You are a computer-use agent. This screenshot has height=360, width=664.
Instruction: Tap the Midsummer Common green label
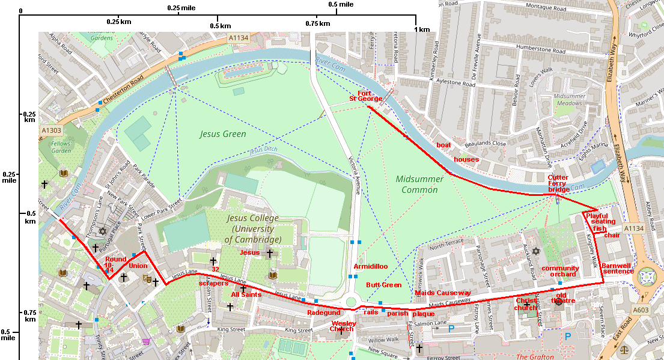tap(419, 185)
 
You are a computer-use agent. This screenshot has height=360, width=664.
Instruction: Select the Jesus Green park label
tap(223, 134)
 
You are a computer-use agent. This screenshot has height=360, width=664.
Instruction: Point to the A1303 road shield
tap(51, 130)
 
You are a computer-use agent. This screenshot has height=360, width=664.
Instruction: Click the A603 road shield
tap(641, 311)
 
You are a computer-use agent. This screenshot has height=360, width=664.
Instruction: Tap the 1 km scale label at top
tap(422, 29)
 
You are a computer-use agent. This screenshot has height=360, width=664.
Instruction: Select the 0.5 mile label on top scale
tap(341, 4)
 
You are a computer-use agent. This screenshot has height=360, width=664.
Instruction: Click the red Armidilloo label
tap(370, 266)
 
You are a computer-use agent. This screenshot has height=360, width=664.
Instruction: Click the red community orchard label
tap(560, 271)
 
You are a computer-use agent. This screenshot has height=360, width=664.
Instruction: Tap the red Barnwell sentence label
tap(617, 268)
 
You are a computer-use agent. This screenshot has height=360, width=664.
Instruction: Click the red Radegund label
tap(324, 313)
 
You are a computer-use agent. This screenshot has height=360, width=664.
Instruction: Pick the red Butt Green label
tap(383, 285)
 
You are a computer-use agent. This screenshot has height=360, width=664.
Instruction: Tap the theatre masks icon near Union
tap(146, 278)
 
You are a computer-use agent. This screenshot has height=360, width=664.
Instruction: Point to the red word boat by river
tap(443, 145)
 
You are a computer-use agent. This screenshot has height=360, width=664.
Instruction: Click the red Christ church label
tap(526, 304)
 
